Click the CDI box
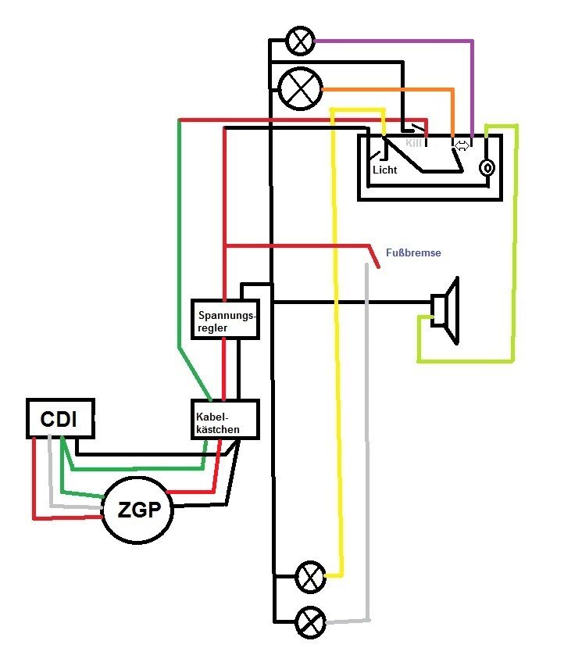point(60,418)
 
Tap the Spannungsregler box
point(224,319)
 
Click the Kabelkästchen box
point(224,419)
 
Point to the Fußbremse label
point(413,253)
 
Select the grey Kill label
point(413,144)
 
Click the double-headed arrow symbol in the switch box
point(462,145)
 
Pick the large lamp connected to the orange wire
point(300,88)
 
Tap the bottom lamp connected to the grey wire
point(311,623)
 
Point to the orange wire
point(391,90)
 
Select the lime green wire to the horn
point(514,250)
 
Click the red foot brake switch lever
point(374,257)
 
